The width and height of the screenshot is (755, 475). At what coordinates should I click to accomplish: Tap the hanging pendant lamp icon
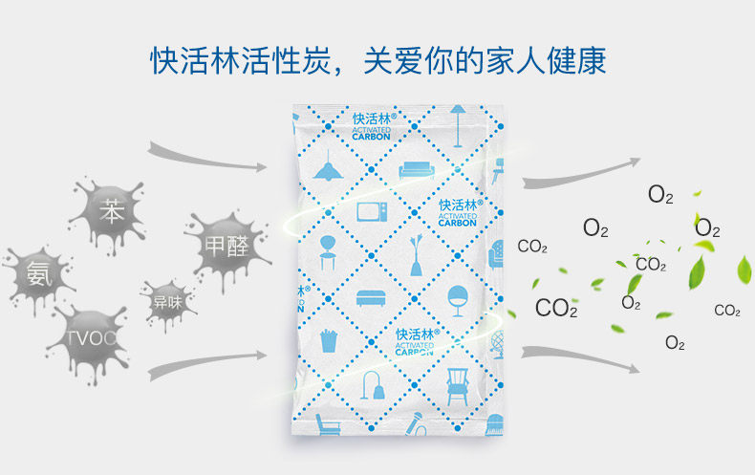[328, 168]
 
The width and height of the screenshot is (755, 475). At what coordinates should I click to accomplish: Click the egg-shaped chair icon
[456, 297]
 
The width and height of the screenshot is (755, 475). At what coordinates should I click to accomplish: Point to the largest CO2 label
[556, 308]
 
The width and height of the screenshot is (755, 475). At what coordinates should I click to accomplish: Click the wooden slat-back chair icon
[457, 381]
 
